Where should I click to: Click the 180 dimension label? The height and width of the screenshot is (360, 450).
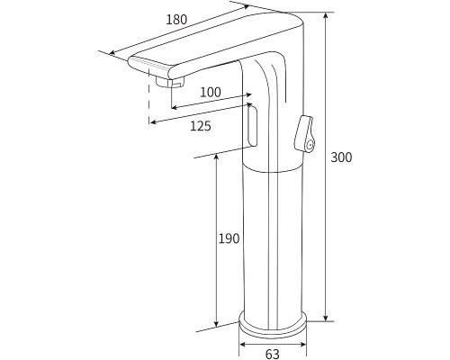click(176, 18)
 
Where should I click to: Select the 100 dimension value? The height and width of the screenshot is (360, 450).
click(210, 92)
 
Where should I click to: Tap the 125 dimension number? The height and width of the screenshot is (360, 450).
click(201, 126)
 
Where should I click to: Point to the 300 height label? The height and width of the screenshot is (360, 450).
click(341, 157)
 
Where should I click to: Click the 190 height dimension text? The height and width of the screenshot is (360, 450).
click(229, 238)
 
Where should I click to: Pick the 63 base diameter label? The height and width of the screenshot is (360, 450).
click(273, 354)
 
